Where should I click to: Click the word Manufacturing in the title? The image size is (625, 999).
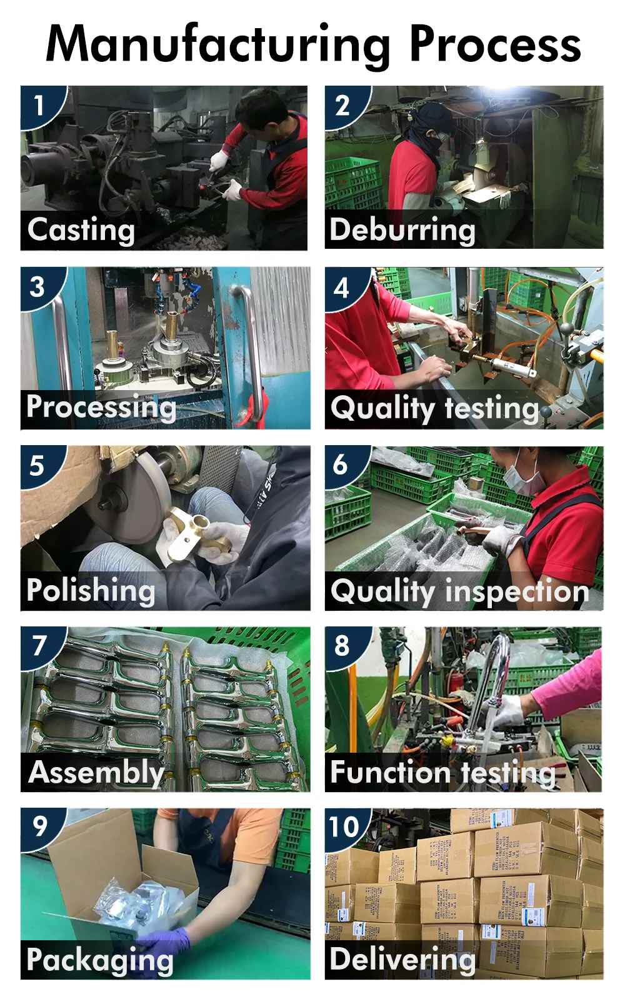tap(218, 45)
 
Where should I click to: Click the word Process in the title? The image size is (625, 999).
tap(494, 45)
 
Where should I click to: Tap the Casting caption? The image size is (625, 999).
tap(81, 229)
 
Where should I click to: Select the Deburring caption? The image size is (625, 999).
tap(402, 229)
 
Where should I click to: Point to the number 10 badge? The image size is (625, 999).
tap(344, 826)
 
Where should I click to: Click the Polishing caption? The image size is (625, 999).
tap(91, 590)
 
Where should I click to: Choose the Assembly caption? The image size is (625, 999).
tap(96, 772)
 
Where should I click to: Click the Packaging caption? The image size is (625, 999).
tap(100, 960)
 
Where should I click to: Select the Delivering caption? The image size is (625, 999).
tap(402, 958)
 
